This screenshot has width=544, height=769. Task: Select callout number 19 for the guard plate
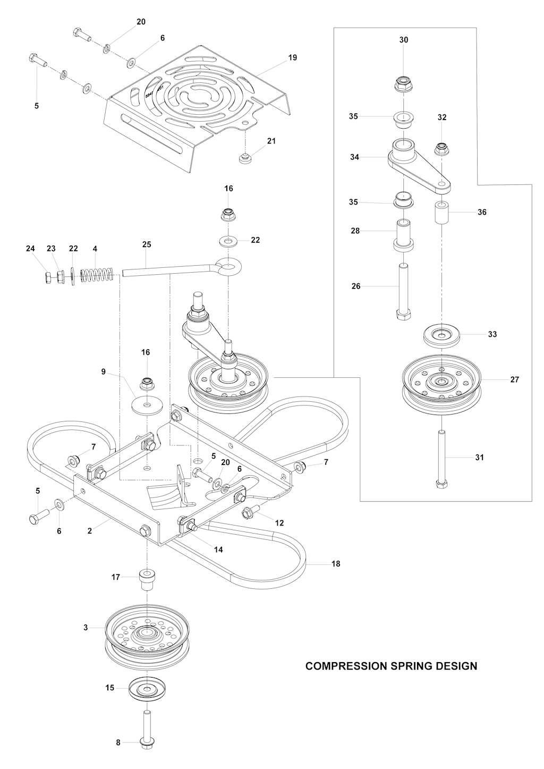[x=292, y=58]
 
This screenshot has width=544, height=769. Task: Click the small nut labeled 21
[x=245, y=158]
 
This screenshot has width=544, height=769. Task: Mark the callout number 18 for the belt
[x=335, y=564]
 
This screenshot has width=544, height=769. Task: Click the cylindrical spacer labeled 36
[x=442, y=213]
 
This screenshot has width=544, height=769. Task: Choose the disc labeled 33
[x=442, y=335]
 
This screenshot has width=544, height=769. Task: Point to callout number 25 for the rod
[x=147, y=244]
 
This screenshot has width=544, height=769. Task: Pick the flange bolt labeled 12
[x=250, y=512]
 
